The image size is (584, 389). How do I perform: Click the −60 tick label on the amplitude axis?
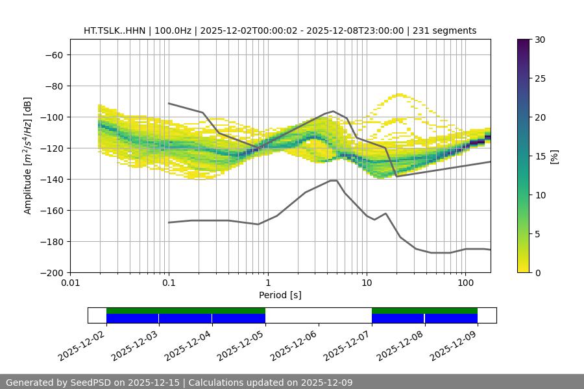53,55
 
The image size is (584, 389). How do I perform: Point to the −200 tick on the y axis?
53,273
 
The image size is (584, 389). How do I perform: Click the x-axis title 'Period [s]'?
280,296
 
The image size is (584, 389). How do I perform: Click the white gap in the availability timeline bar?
318,315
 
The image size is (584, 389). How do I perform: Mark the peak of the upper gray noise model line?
334,111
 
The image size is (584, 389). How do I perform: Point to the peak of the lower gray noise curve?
334,180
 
